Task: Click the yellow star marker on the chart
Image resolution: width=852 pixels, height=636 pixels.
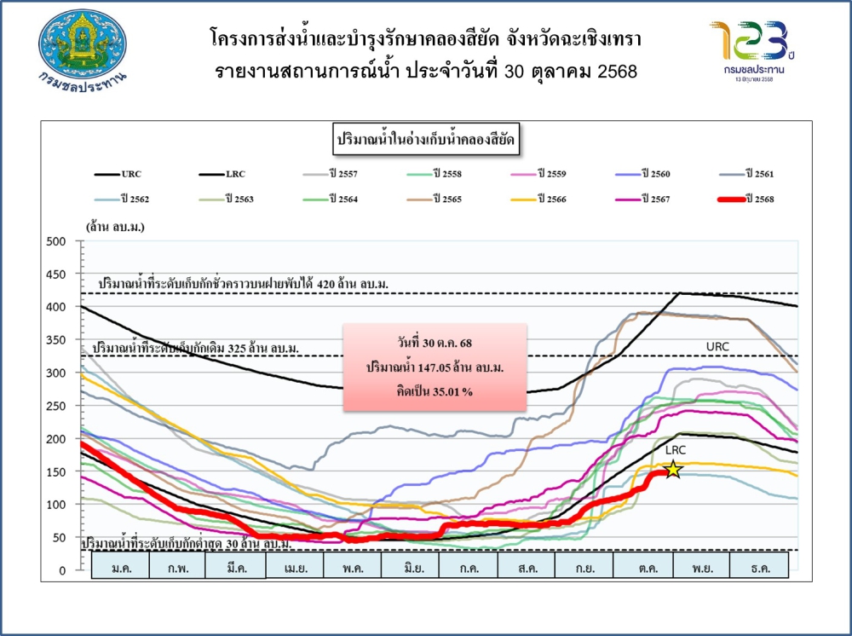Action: tap(673, 470)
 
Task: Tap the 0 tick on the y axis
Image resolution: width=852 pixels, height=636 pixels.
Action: tap(62, 570)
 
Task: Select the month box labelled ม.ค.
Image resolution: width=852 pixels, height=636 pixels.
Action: tap(119, 568)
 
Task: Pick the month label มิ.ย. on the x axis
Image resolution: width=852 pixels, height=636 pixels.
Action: tap(410, 568)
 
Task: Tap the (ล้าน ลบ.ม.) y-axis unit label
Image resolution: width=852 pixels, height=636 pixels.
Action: tap(114, 227)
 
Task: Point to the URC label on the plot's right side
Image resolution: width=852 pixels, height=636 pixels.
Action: tap(717, 347)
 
